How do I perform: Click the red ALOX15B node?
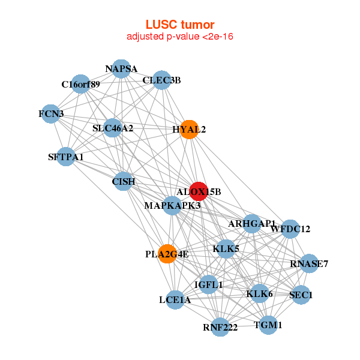click(199, 191)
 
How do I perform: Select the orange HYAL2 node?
click(189, 130)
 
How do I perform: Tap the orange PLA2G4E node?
click(167, 254)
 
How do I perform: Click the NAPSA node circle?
click(121, 68)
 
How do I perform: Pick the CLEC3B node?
click(161, 80)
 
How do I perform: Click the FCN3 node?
click(51, 113)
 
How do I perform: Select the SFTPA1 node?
click(66, 157)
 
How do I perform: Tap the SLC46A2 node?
click(113, 128)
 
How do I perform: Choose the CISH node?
click(123, 181)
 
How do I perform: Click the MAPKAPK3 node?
click(172, 206)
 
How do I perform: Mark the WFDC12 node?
click(290, 229)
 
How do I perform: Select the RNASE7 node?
click(309, 263)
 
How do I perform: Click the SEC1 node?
click(301, 295)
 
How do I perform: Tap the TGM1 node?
click(268, 325)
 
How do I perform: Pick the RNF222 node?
click(220, 327)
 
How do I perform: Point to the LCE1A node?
click(175, 299)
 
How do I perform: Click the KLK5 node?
click(226, 248)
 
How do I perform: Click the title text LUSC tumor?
click(180, 25)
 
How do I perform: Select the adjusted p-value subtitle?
click(180, 37)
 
